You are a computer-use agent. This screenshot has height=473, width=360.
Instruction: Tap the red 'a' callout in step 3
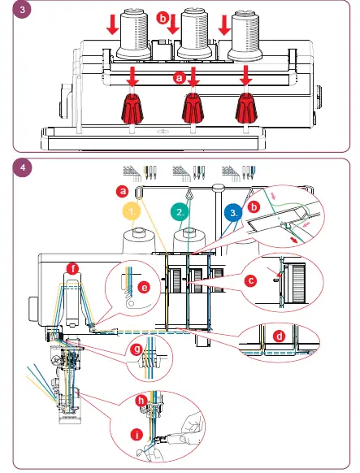(x=180, y=78)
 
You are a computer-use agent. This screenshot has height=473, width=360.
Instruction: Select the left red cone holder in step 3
(x=131, y=108)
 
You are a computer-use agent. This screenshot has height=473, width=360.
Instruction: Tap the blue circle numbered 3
(x=232, y=214)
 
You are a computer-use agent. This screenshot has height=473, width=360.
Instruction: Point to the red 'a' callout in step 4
(x=123, y=191)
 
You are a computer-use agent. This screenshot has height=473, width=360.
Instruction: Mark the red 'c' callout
(x=251, y=281)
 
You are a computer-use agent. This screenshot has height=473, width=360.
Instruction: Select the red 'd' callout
(x=280, y=336)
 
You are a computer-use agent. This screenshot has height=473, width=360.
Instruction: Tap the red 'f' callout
(x=74, y=268)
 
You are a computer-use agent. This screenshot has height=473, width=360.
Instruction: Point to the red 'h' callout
(x=141, y=401)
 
